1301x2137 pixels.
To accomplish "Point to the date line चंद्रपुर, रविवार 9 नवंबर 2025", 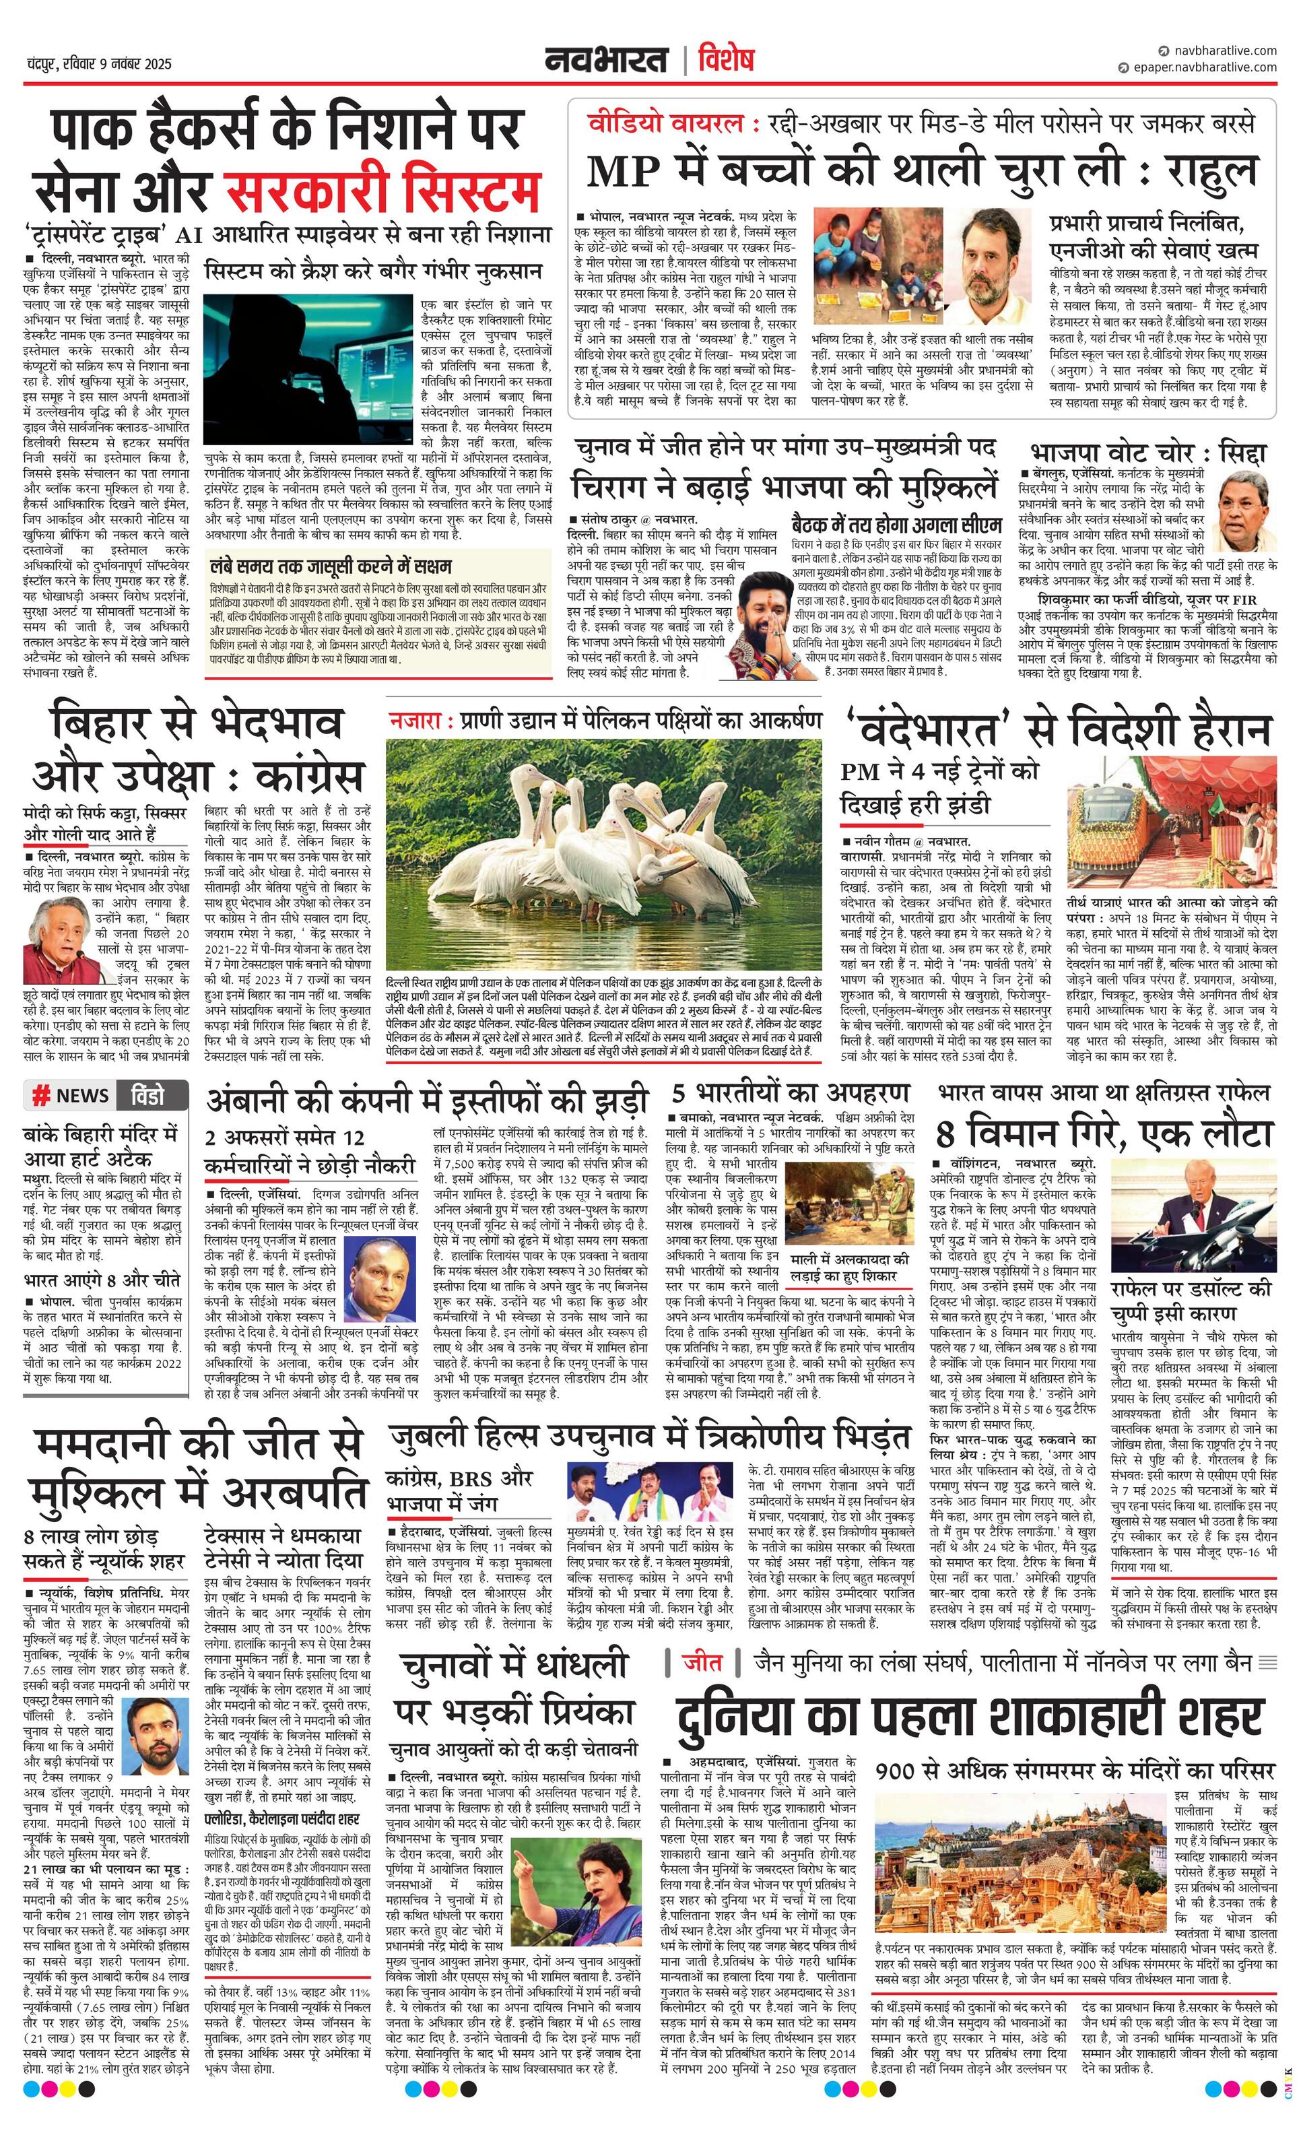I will pos(99,64).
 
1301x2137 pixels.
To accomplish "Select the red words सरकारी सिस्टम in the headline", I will pos(382,190).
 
